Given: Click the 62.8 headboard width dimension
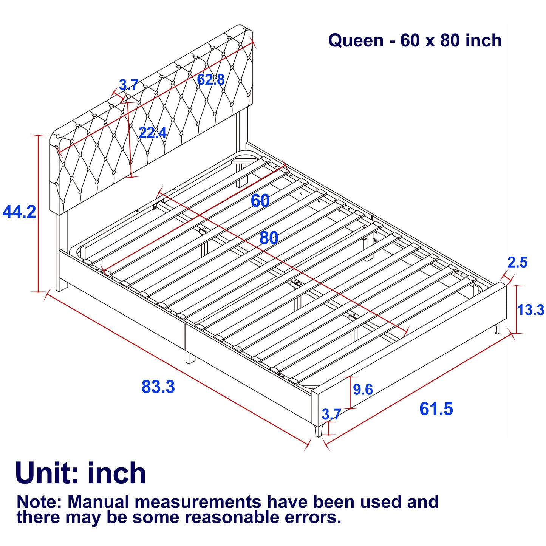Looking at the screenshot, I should (210, 80).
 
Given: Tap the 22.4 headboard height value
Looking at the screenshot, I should (153, 133).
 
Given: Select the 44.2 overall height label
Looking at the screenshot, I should (19, 212).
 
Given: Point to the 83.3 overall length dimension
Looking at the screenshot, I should (158, 387).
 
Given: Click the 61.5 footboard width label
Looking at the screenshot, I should (436, 409).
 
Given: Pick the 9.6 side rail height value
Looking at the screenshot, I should (363, 389).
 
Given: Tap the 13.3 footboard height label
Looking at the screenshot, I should (531, 310).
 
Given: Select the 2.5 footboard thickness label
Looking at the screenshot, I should (517, 262).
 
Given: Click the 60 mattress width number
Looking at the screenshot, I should (260, 201).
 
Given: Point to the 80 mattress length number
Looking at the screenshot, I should (269, 238).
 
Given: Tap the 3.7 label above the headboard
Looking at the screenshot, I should (129, 85).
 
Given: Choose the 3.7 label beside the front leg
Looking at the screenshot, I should (331, 414).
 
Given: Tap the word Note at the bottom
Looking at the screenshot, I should (39, 502).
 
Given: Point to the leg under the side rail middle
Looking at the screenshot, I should (188, 357).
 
